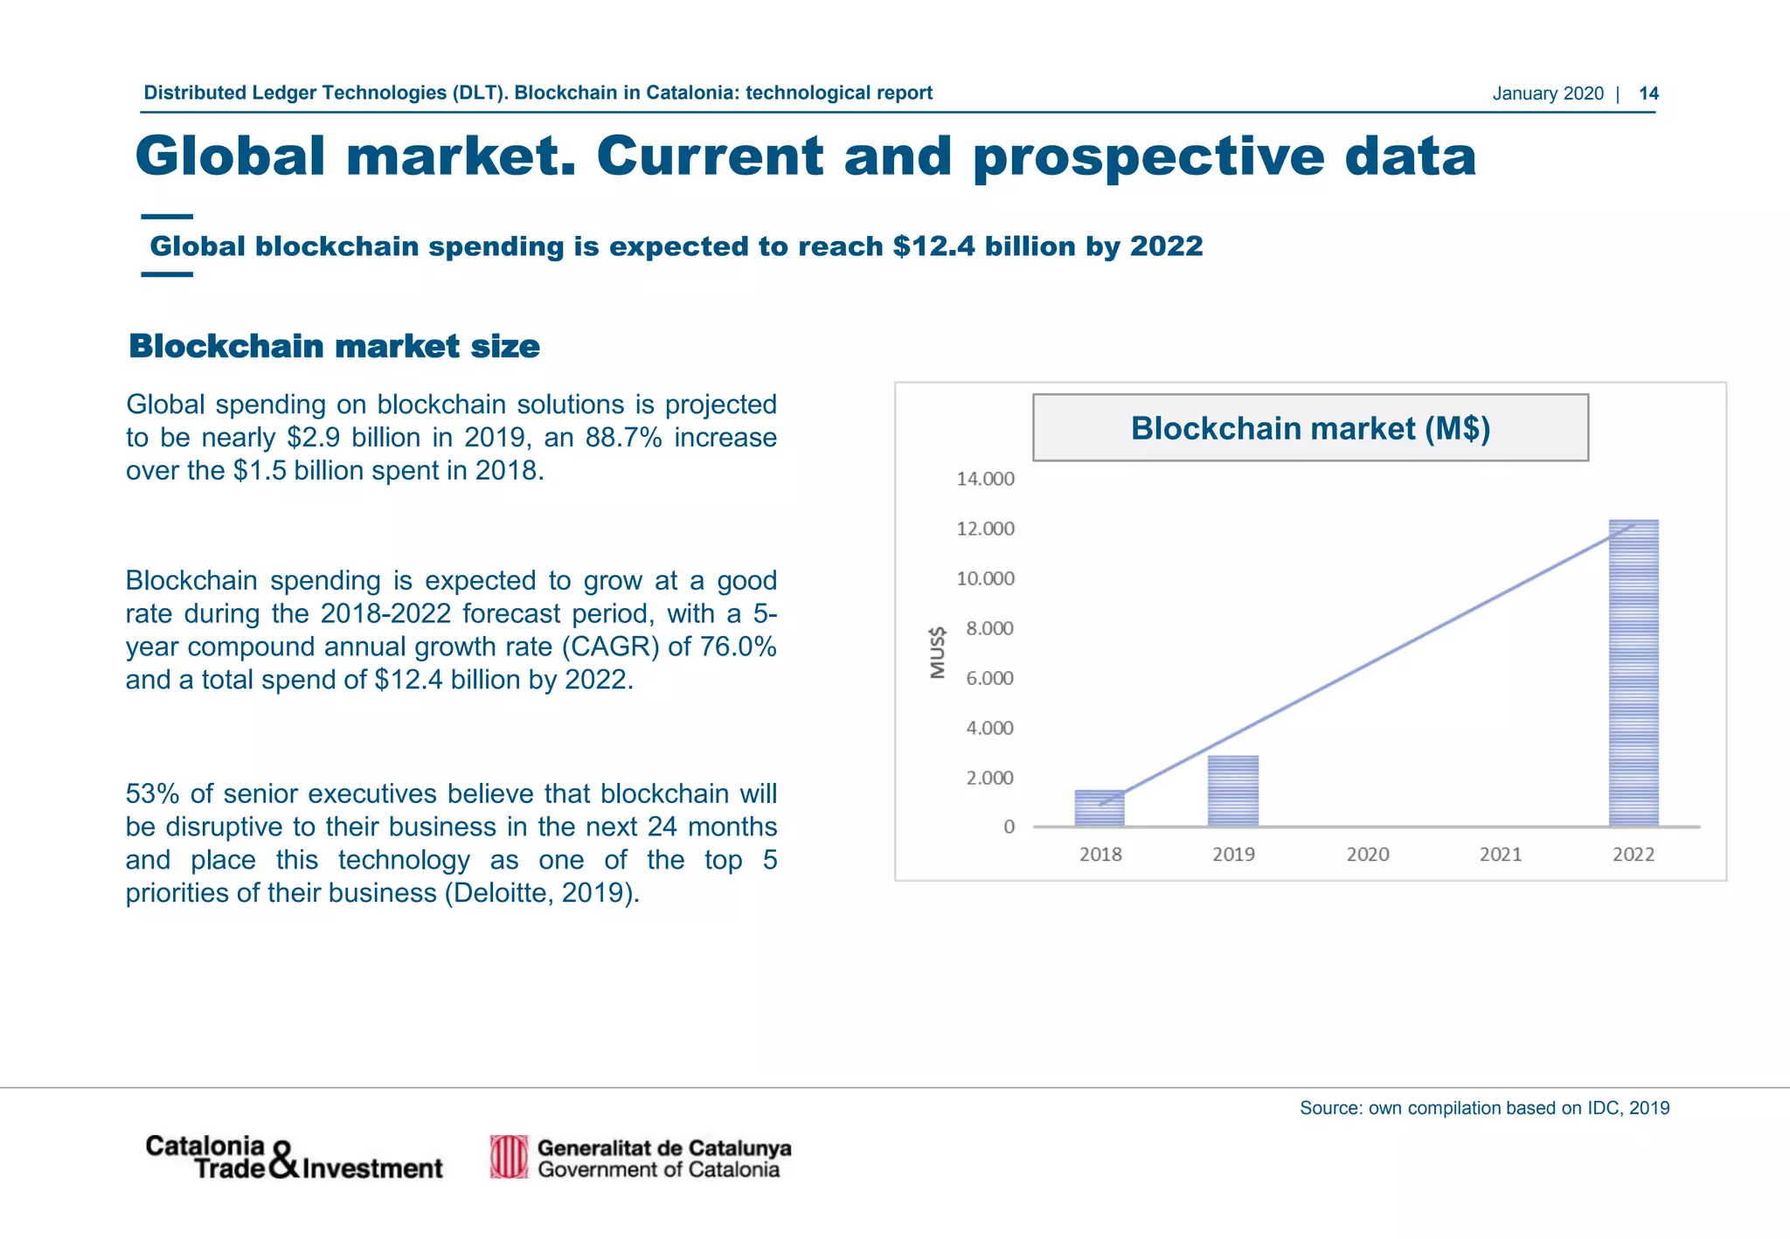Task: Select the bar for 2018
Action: tap(1100, 808)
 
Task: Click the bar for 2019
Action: tap(1232, 791)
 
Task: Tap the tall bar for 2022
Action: tap(1633, 673)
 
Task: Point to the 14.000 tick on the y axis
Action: tap(985, 479)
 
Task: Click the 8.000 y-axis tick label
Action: tap(989, 628)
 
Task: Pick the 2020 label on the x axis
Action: tap(1367, 855)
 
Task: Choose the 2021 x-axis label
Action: tap(1500, 855)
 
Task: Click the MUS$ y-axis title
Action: tap(938, 652)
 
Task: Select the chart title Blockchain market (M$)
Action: tap(1309, 428)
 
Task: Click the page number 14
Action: tap(1648, 93)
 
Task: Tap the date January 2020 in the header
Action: tap(1547, 93)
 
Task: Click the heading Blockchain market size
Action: tap(334, 346)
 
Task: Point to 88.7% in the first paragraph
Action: tap(623, 437)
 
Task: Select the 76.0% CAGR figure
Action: tap(738, 647)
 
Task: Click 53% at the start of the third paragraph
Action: tap(153, 793)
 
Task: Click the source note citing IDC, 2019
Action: tap(1484, 1108)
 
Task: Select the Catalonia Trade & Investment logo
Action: tap(294, 1158)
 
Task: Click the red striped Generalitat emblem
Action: tap(509, 1158)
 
